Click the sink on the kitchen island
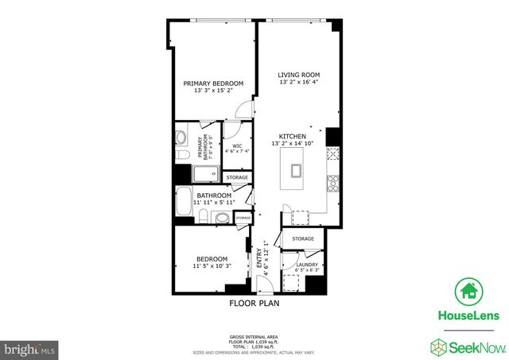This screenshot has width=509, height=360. click(297, 169)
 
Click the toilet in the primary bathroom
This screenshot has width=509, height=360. click(181, 154)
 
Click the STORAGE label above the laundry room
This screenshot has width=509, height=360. click(303, 238)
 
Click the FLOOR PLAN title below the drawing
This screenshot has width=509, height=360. click(254, 303)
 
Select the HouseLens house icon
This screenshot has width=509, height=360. click(465, 291)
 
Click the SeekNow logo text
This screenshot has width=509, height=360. click(471, 346)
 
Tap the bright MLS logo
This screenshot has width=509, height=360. click(29, 348)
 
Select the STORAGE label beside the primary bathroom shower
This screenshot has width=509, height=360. click(237, 177)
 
